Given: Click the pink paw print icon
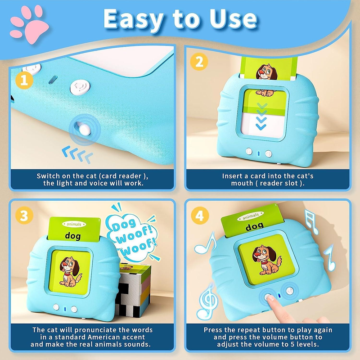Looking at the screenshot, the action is [29, 24].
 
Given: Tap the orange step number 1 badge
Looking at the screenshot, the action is [24, 80].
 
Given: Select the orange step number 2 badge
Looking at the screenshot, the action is [199, 62].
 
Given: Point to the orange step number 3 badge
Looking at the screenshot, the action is [24, 216].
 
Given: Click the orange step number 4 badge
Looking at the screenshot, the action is [200, 216].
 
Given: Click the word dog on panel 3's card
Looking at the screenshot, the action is [73, 236].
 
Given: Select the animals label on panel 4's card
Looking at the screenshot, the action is [251, 216].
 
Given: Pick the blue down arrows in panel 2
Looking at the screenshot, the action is [261, 116].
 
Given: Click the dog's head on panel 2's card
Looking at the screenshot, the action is [266, 72].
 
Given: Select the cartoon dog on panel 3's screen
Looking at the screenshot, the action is [70, 272].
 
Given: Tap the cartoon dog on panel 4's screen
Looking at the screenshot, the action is [266, 260].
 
